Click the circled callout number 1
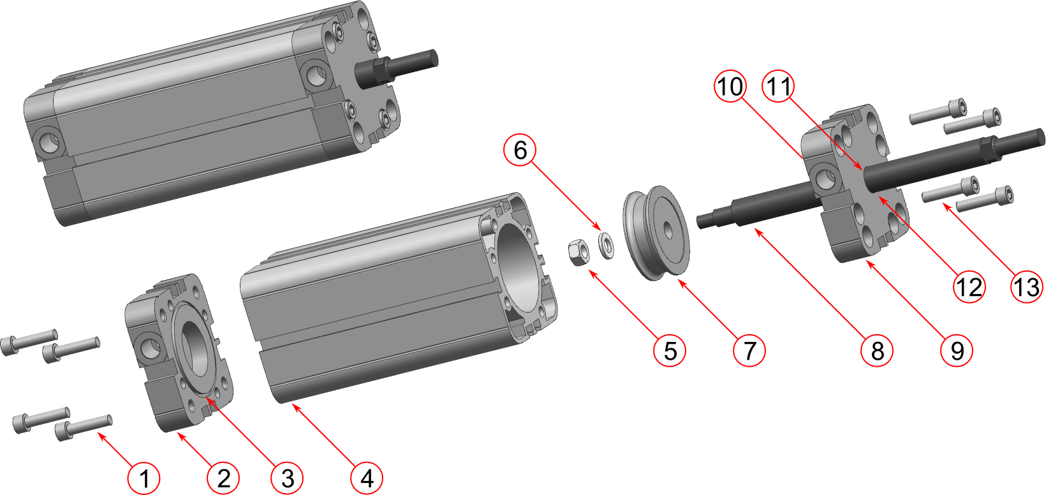point(144,478)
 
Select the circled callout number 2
point(223,478)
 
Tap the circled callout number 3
point(287,478)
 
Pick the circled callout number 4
point(367,478)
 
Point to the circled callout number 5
point(670,350)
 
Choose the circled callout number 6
point(520,150)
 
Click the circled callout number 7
point(749,350)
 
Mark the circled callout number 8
point(877,350)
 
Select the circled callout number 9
point(957,350)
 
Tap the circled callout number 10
point(730,86)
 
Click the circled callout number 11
point(778,86)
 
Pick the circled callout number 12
point(969,286)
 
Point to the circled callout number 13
point(1027,286)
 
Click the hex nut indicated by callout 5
point(578,252)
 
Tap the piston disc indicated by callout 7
point(656,233)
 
